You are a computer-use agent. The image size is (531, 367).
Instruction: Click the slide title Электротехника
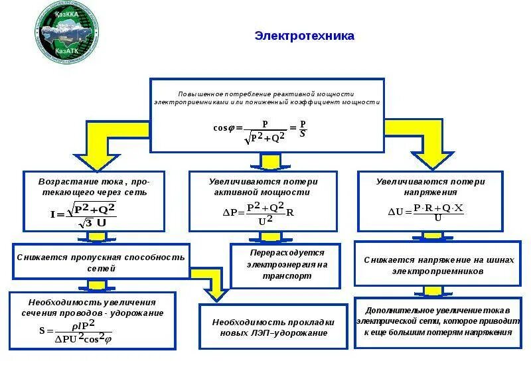pos(305,36)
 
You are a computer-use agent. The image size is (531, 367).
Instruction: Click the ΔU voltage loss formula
pos(426,212)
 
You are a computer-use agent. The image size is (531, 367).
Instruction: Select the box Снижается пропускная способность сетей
pos(101,262)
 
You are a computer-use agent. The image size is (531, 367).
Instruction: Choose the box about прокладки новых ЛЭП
pos(273,327)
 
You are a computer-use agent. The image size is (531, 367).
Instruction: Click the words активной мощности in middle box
pos(263,192)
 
